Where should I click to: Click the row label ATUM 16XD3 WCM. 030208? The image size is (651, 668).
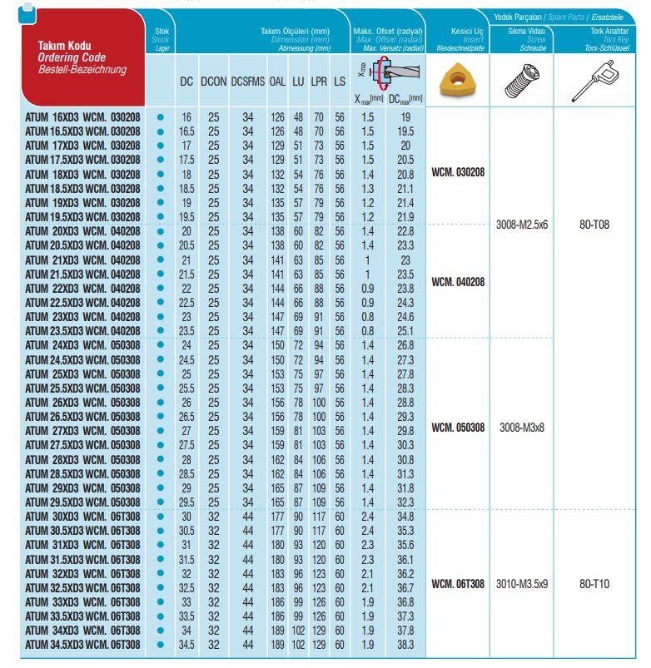[82, 117]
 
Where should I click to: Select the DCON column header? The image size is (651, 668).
[213, 82]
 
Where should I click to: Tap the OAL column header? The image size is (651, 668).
[277, 82]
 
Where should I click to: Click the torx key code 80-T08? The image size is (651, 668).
[596, 224]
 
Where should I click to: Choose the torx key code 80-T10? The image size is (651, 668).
[596, 584]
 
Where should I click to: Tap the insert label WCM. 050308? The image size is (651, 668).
[457, 428]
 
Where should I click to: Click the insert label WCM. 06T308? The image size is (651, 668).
[457, 584]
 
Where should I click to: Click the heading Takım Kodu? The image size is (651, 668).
[64, 45]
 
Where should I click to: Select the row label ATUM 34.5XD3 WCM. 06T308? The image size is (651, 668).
[82, 645]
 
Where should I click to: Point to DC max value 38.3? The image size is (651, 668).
[405, 645]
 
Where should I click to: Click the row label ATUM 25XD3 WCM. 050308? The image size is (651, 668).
[82, 374]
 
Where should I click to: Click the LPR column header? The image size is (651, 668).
[319, 82]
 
